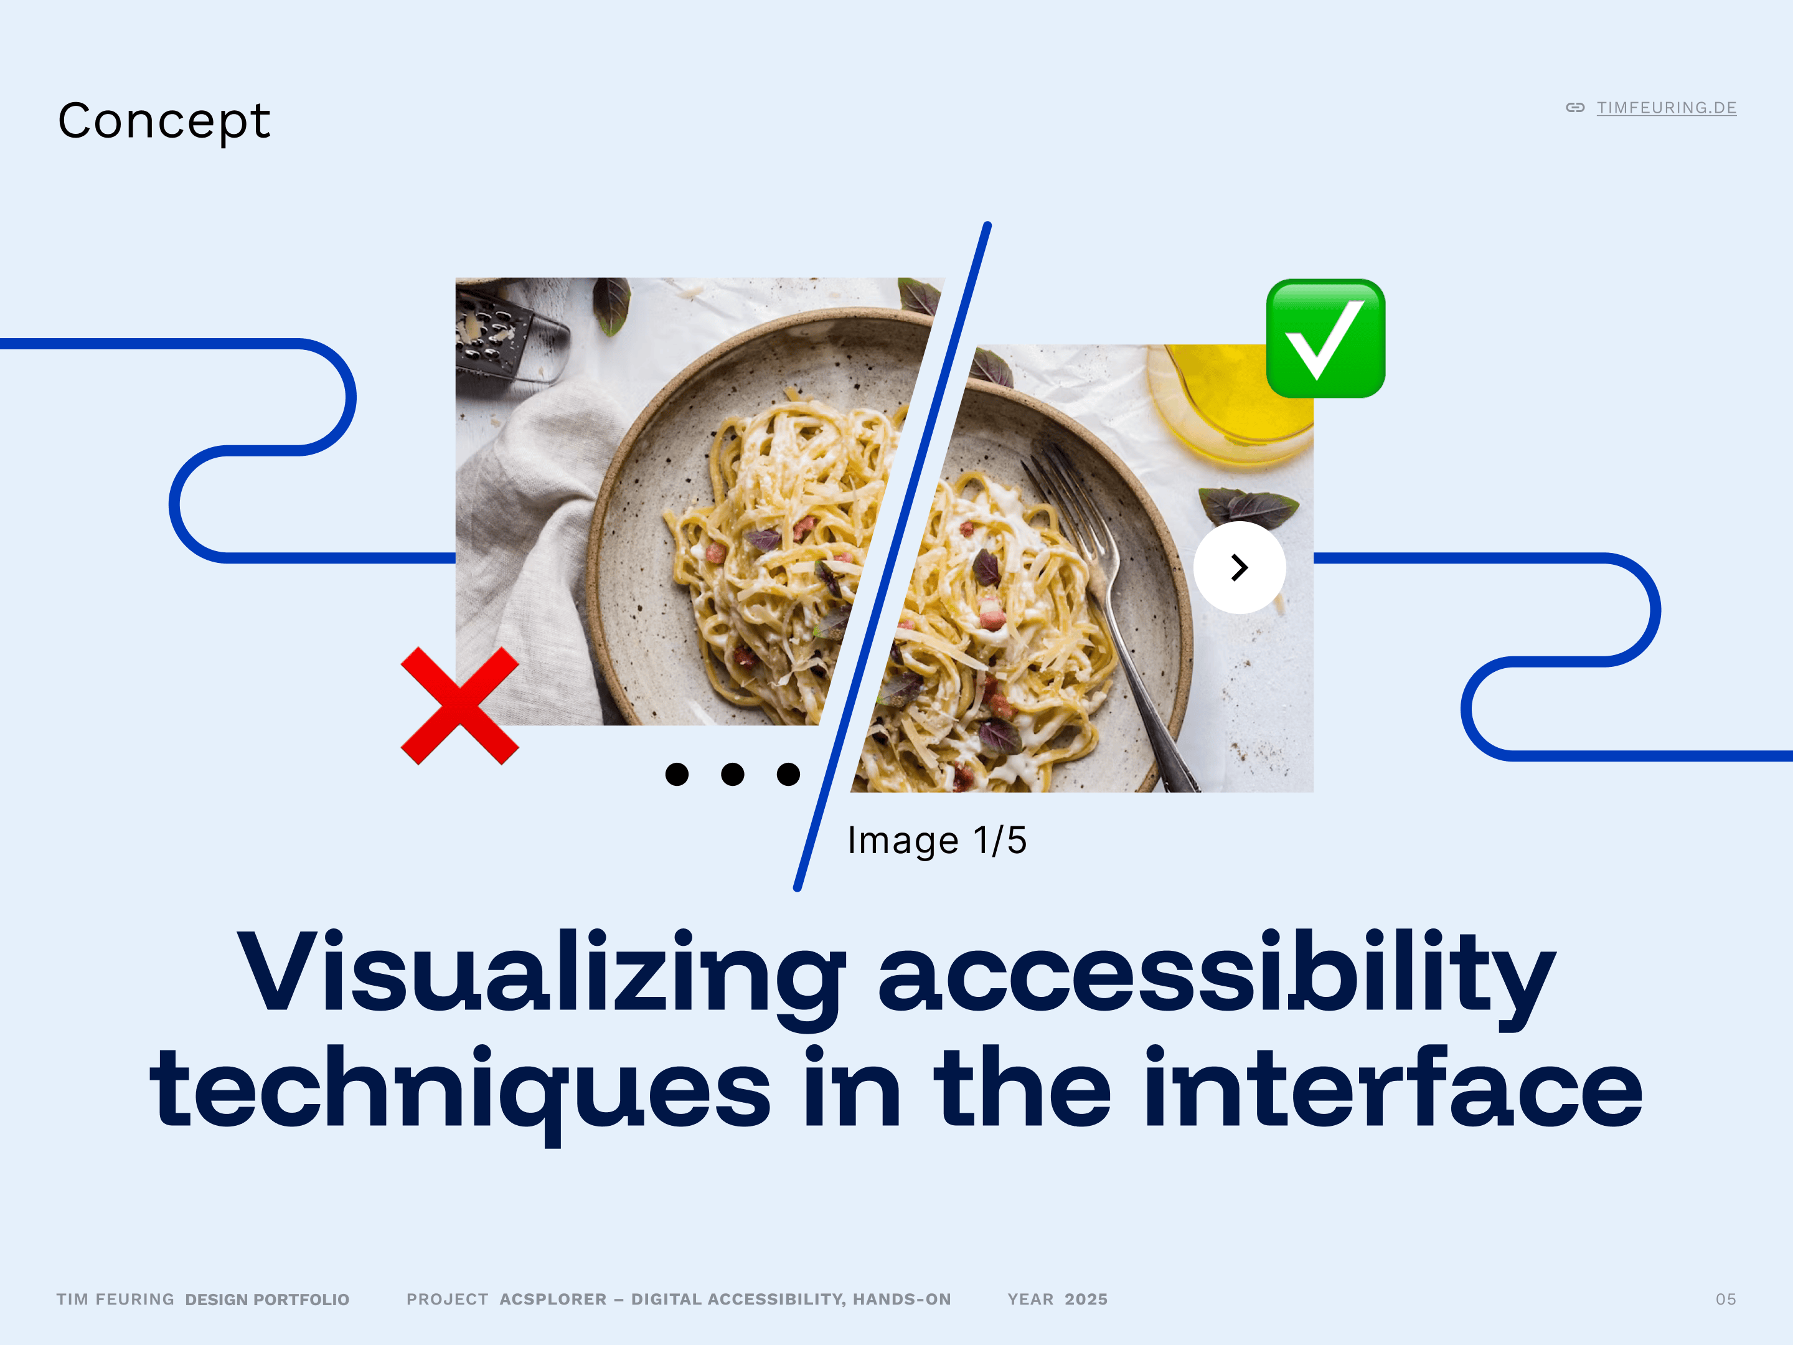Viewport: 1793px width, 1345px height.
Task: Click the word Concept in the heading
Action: (164, 121)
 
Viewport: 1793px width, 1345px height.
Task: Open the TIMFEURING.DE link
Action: (1667, 108)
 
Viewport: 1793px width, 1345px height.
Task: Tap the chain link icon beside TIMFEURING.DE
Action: (1575, 108)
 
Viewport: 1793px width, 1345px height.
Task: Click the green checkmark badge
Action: (1325, 338)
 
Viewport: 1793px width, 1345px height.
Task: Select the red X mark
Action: (459, 706)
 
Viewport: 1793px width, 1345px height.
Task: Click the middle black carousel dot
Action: (733, 774)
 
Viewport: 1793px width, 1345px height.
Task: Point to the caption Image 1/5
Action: (937, 841)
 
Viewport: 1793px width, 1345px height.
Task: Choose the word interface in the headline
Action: (1393, 1087)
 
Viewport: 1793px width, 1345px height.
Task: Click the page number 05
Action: (1726, 1300)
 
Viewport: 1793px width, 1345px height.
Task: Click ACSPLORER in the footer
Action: (553, 1300)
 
